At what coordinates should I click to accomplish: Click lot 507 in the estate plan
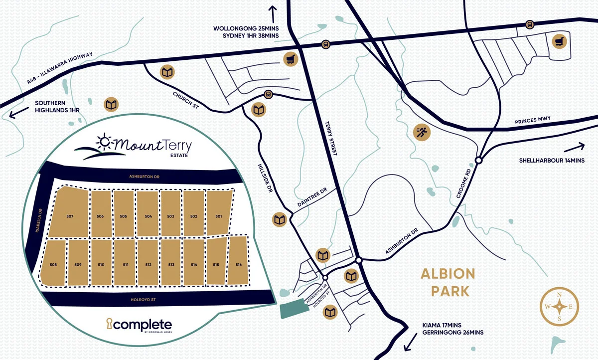click(70, 216)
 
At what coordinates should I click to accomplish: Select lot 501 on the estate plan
click(219, 216)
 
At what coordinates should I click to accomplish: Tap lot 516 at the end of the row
click(239, 264)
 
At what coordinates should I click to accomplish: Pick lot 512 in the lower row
click(148, 264)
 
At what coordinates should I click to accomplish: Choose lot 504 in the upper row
click(148, 216)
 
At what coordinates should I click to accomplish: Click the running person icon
click(423, 132)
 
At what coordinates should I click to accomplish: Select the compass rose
click(559, 306)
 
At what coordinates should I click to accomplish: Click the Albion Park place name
click(448, 282)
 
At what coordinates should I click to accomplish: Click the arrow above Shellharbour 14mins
click(575, 147)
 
